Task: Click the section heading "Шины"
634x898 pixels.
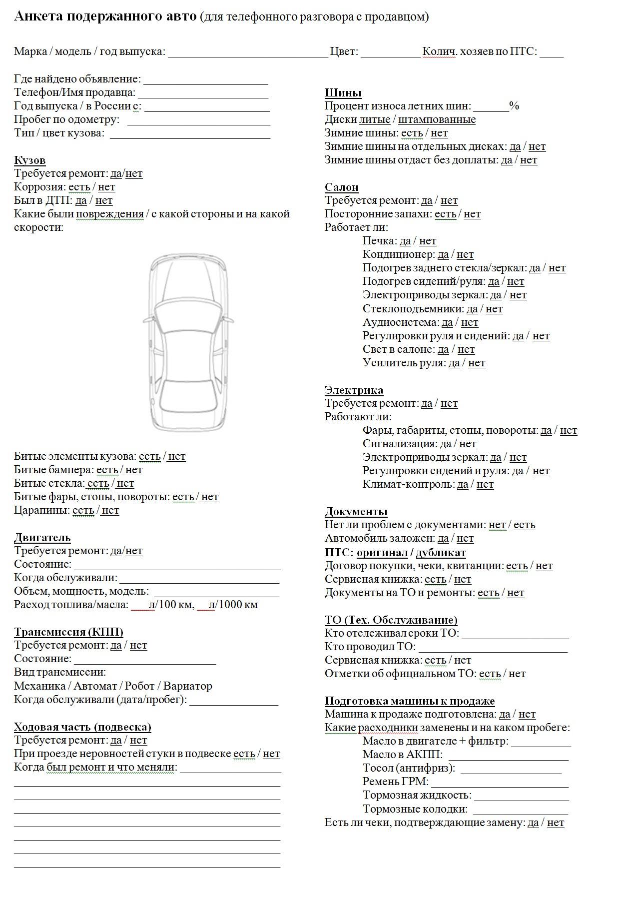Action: tap(343, 93)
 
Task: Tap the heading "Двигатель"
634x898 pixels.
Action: tap(42, 538)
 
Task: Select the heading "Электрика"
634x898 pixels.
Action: tap(354, 390)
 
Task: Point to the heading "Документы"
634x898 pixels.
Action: tap(356, 512)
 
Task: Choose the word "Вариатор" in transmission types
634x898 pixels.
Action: tap(187, 686)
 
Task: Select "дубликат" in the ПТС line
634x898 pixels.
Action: tap(441, 553)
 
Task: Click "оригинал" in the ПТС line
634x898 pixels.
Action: tap(382, 553)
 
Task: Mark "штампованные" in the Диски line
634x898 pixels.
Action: tap(437, 120)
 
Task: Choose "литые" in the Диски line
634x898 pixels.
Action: tap(375, 120)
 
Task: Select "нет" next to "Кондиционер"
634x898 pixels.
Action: tap(465, 255)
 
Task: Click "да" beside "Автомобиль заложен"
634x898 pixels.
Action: tap(443, 539)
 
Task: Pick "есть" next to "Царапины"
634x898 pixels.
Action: tap(83, 511)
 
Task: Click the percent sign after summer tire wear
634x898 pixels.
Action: tap(514, 106)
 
